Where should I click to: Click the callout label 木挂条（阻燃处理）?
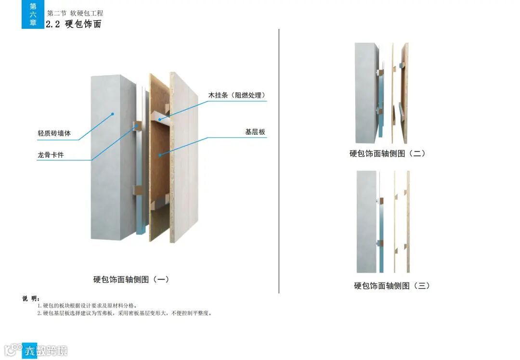(x=236, y=95)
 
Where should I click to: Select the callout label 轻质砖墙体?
(x=54, y=133)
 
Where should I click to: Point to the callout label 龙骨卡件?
(x=51, y=155)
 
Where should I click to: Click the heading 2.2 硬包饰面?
(x=74, y=24)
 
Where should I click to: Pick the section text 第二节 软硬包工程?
(x=75, y=13)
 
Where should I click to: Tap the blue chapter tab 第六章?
(x=33, y=14)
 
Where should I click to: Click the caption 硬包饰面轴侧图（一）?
(x=131, y=279)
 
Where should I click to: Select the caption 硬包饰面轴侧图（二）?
(x=388, y=154)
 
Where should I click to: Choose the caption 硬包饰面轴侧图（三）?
(x=392, y=285)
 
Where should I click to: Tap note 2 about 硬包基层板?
(x=124, y=313)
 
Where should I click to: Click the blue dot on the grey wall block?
(x=112, y=114)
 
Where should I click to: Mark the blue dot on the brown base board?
(x=159, y=155)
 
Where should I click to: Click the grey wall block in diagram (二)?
(x=366, y=91)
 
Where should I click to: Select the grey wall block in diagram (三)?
(x=366, y=221)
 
